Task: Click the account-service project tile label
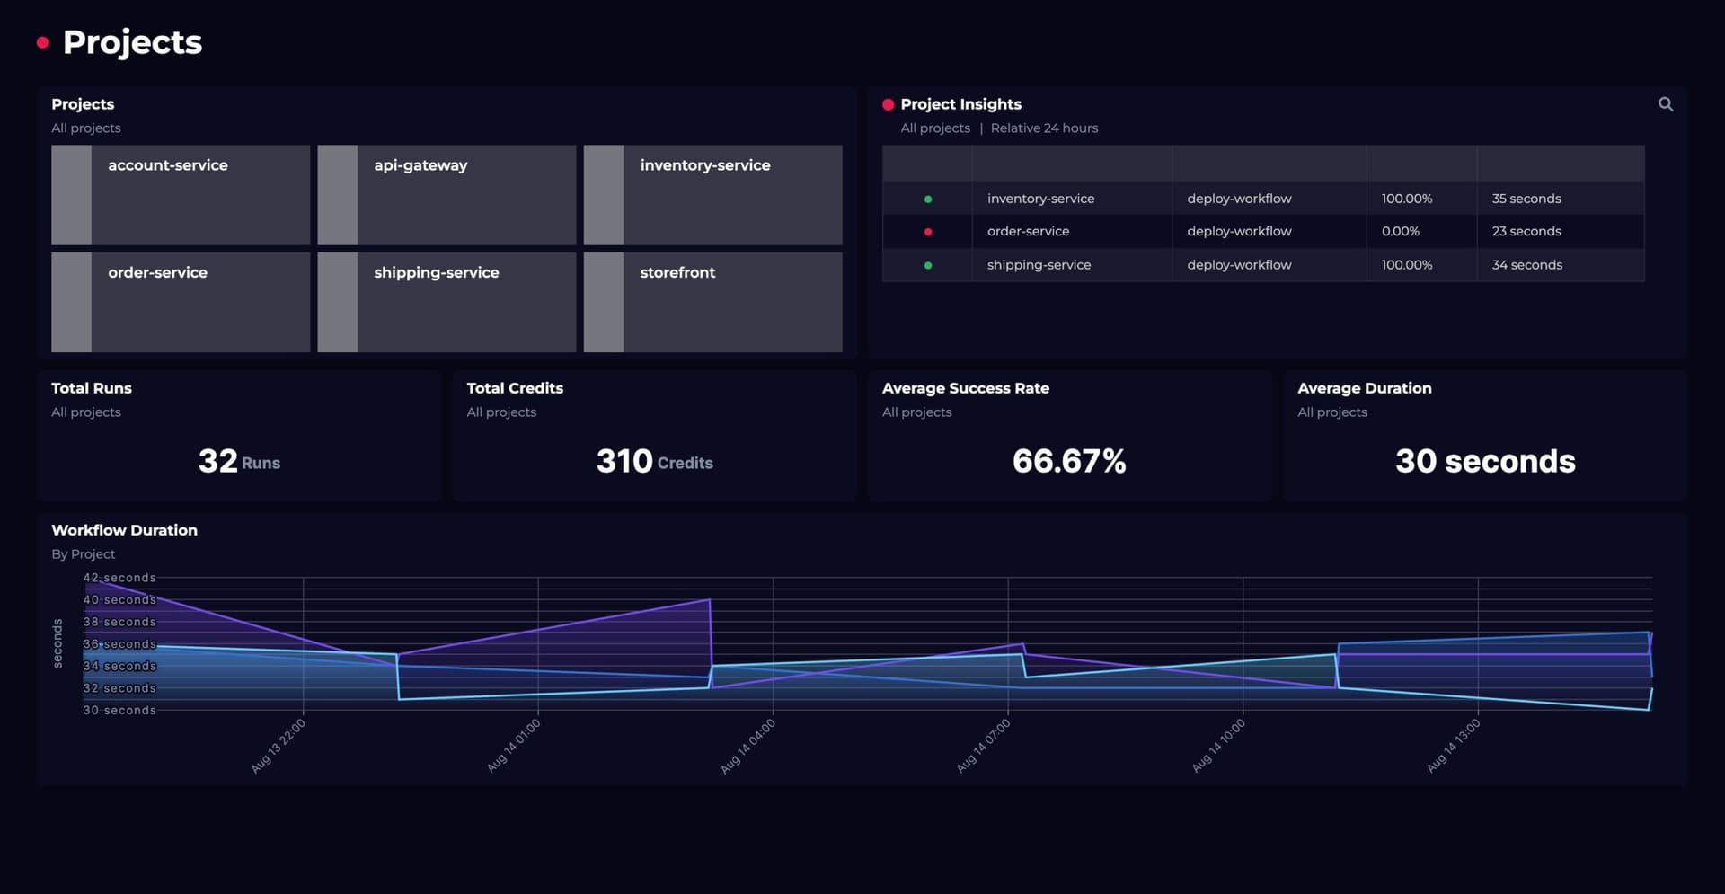pyautogui.click(x=168, y=165)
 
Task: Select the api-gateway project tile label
pyautogui.click(x=420, y=165)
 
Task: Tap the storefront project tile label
pyautogui.click(x=677, y=272)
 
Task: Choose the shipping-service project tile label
pyautogui.click(x=436, y=272)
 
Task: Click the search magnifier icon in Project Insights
pyautogui.click(x=1665, y=104)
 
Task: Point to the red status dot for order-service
pyautogui.click(x=927, y=232)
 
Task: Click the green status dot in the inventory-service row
pyautogui.click(x=927, y=199)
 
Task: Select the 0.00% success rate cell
pyautogui.click(x=1400, y=231)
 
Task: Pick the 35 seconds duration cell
pyautogui.click(x=1526, y=199)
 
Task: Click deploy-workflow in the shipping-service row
pyautogui.click(x=1238, y=265)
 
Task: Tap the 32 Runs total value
pyautogui.click(x=238, y=461)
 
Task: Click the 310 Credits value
pyautogui.click(x=654, y=461)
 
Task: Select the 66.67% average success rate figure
pyautogui.click(x=1068, y=461)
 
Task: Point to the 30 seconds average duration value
pyautogui.click(x=1484, y=461)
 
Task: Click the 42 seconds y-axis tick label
pyautogui.click(x=119, y=578)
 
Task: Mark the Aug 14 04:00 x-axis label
pyautogui.click(x=747, y=747)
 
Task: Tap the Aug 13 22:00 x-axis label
pyautogui.click(x=278, y=747)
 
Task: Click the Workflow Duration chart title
pyautogui.click(x=124, y=530)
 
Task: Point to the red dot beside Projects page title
pyautogui.click(x=42, y=42)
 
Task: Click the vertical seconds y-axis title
pyautogui.click(x=57, y=643)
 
